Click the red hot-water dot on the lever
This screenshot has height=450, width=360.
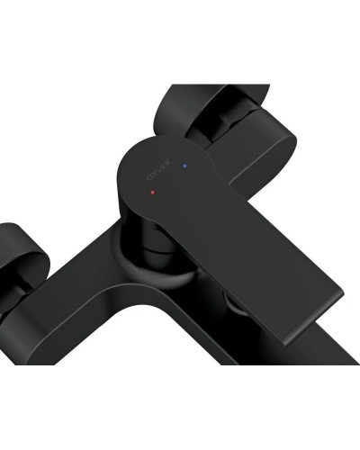pyautogui.click(x=154, y=193)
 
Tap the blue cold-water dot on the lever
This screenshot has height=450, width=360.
pyautogui.click(x=184, y=166)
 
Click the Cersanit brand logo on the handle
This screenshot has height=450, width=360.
pyautogui.click(x=152, y=172)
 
